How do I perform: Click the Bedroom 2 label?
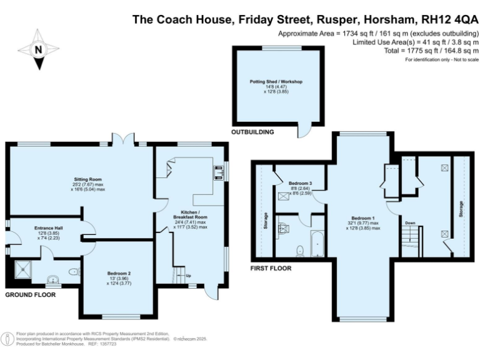[x=117, y=272]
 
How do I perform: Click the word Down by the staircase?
[x=410, y=222]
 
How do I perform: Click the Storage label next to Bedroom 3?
[x=266, y=222]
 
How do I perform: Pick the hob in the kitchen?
[x=219, y=172]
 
